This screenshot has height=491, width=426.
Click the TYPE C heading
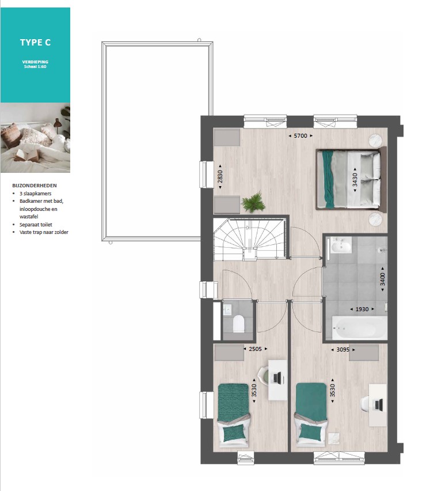(35, 43)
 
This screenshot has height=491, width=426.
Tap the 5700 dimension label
(301, 136)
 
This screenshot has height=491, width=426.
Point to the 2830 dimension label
(220, 176)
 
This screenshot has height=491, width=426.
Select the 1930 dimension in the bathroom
(362, 309)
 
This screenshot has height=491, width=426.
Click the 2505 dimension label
(255, 349)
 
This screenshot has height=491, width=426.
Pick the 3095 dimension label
(343, 349)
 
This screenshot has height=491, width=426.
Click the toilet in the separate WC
(238, 323)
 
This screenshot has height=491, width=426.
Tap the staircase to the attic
(250, 240)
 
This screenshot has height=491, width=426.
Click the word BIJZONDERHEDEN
(35, 186)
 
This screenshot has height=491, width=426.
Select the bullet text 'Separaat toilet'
(36, 225)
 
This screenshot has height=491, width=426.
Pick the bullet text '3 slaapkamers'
(35, 194)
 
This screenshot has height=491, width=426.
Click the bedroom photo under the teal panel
(35, 138)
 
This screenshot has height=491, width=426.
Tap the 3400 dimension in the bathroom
(382, 280)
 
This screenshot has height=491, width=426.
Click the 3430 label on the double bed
(355, 180)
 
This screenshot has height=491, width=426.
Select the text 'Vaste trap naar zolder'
(44, 232)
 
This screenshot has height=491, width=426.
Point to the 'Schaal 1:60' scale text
(35, 67)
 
